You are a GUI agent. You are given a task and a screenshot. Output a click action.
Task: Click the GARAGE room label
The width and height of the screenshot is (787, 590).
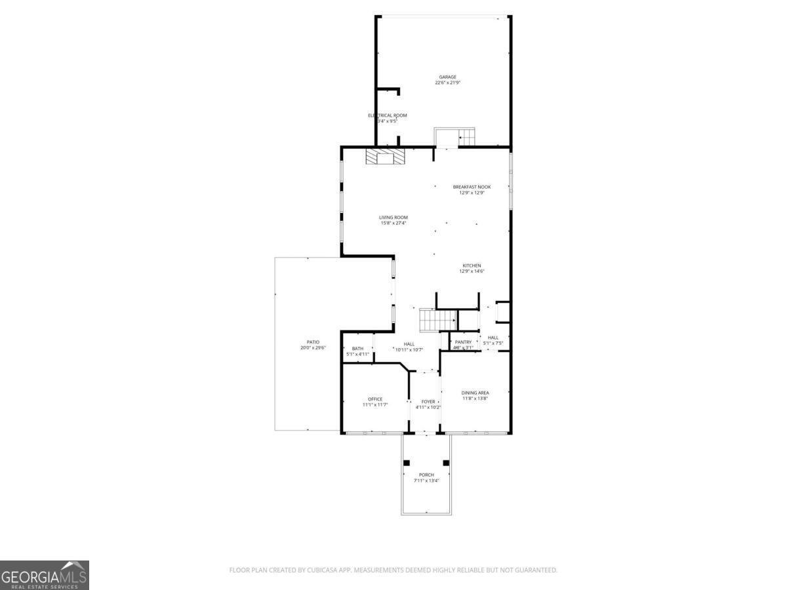(448, 77)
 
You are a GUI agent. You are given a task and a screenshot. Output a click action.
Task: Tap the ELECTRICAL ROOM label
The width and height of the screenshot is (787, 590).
(388, 115)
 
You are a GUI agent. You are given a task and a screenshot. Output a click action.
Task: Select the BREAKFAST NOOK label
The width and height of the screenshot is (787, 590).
(472, 187)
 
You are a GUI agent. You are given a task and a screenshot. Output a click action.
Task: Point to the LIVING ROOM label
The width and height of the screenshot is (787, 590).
(393, 218)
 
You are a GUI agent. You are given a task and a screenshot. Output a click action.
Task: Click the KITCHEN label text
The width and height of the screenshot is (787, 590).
(472, 265)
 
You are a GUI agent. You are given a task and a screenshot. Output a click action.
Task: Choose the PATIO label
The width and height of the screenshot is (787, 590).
(313, 342)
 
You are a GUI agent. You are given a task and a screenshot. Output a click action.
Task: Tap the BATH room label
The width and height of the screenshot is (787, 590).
(357, 349)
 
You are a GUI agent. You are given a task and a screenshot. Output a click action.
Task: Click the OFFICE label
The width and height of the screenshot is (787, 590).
(375, 399)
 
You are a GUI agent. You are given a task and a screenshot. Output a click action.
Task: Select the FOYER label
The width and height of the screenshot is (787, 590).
(428, 401)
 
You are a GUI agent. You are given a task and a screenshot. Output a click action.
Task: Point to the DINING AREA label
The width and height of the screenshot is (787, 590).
(475, 393)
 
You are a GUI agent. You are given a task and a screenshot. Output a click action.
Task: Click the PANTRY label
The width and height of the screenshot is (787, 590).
(463, 342)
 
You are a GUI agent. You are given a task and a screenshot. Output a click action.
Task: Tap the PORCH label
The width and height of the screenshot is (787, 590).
(426, 475)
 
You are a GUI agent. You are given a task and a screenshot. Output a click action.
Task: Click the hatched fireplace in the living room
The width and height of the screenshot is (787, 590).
(386, 157)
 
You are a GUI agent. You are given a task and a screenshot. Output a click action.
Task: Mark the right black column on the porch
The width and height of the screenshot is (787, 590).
(446, 463)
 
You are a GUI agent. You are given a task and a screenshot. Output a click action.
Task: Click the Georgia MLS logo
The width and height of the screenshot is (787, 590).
(44, 575)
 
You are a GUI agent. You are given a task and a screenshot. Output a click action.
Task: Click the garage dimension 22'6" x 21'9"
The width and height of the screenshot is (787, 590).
(448, 83)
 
